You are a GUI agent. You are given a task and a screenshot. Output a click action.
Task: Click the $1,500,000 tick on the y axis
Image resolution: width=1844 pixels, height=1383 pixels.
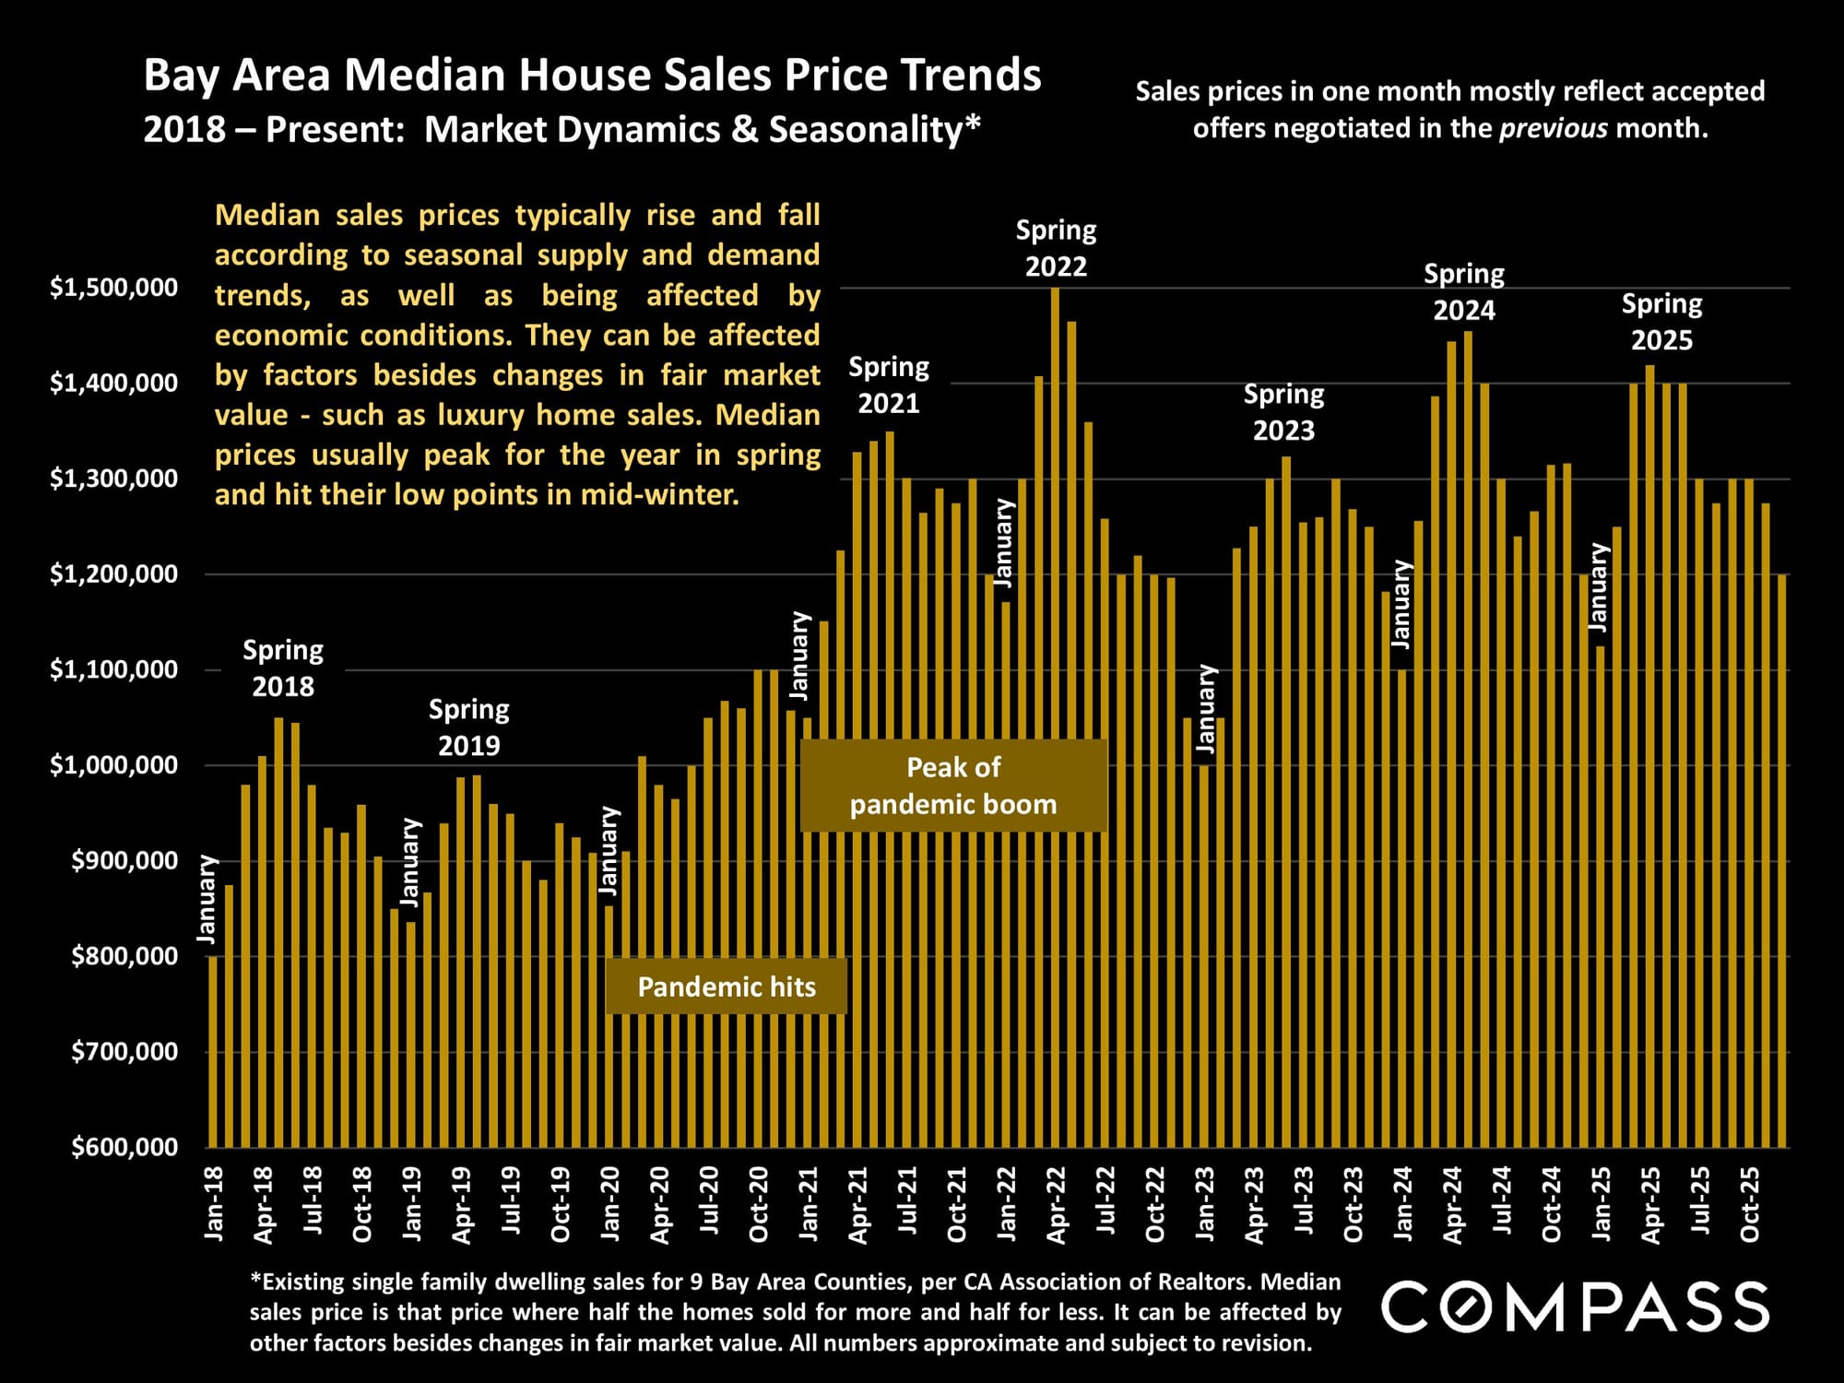point(114,288)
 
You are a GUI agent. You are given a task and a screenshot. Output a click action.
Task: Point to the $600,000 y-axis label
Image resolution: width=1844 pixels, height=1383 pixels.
point(125,1147)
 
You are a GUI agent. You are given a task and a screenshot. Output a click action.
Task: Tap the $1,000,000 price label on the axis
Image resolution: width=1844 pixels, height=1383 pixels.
point(114,765)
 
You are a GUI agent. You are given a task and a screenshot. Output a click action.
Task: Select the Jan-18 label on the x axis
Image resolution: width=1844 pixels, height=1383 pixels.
point(214,1204)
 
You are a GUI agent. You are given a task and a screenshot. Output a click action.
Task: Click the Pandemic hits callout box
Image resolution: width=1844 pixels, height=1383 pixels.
point(727,987)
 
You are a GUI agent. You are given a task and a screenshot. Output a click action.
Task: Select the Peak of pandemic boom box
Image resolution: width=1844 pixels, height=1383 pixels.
point(953,786)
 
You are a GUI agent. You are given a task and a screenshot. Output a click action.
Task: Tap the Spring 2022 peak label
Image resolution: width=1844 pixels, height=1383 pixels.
point(1056,248)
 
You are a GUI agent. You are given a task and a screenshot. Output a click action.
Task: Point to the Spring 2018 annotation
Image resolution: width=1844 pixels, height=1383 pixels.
point(283,668)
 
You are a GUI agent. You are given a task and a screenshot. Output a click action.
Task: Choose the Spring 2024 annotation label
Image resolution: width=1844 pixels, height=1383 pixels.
point(1464,291)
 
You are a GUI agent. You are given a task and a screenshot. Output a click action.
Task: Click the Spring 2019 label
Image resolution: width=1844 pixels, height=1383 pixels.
point(468,727)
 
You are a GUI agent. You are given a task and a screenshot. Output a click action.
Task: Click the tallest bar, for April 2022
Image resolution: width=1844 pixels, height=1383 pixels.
point(1056,719)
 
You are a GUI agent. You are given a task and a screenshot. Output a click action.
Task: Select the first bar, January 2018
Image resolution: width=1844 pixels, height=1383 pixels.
point(214,1051)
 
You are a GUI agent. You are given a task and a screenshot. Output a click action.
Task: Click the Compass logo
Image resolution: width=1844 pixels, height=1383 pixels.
point(1575,1306)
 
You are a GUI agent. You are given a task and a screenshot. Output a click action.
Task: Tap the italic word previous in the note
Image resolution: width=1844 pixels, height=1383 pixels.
point(1554,127)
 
